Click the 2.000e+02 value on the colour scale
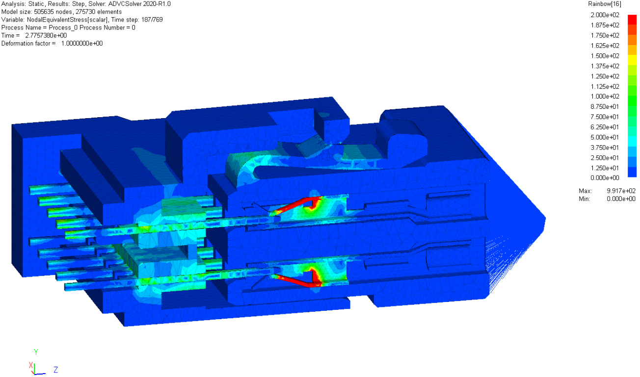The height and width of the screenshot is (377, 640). click(x=605, y=15)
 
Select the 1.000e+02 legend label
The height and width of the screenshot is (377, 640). click(x=605, y=97)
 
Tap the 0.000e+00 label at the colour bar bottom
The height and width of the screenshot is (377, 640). click(x=605, y=178)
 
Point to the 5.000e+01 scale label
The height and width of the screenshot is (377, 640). click(x=605, y=137)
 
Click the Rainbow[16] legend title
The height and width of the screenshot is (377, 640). click(x=605, y=4)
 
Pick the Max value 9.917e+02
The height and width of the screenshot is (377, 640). click(x=621, y=191)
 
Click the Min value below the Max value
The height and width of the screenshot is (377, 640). click(x=621, y=199)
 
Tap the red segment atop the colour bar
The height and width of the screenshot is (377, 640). click(x=632, y=20)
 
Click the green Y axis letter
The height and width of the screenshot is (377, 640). click(x=36, y=352)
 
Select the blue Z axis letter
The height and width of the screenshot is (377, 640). click(x=56, y=370)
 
